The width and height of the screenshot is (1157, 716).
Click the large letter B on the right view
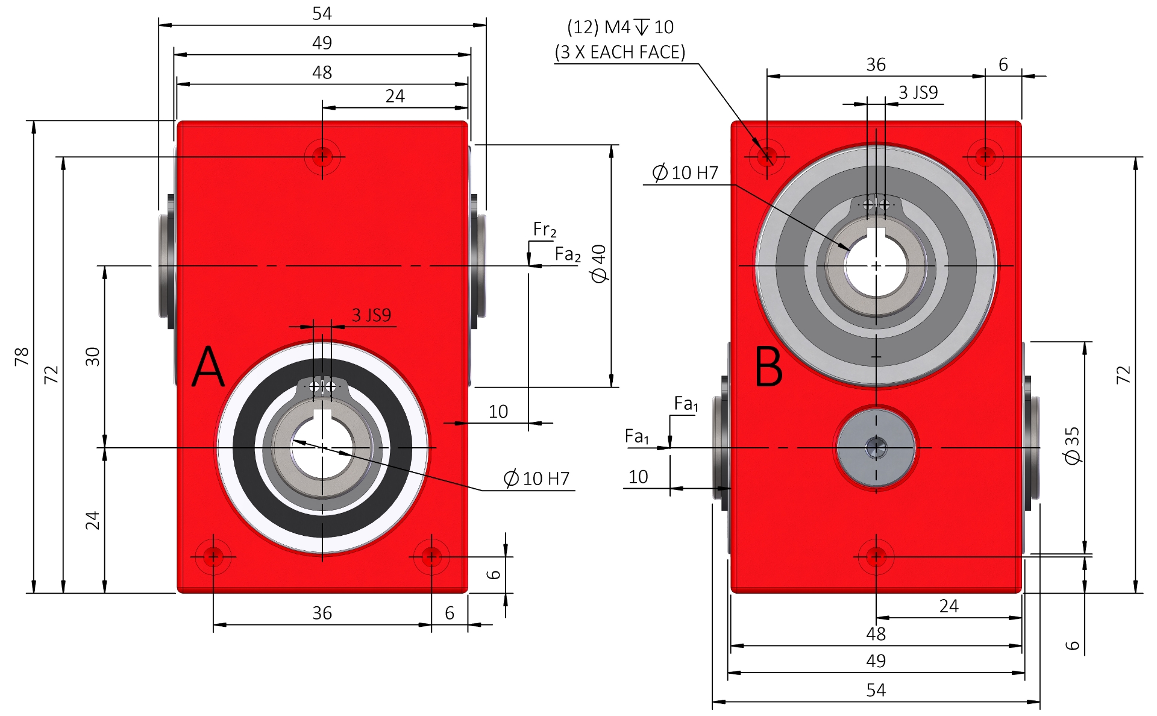(769, 366)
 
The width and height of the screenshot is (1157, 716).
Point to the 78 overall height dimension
(22, 356)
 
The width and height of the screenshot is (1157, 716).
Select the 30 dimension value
(92, 356)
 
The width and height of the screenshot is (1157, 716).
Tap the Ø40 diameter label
(599, 263)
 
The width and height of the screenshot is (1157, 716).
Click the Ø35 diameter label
(1072, 445)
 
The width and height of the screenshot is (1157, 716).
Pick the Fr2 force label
(545, 230)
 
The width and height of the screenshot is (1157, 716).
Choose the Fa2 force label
(568, 254)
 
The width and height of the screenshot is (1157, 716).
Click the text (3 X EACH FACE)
(620, 52)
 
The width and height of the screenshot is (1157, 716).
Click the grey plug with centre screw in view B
(876, 448)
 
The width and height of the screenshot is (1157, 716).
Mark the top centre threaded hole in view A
(322, 157)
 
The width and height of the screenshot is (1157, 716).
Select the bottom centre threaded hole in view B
(876, 556)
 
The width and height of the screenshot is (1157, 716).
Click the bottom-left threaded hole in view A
(213, 556)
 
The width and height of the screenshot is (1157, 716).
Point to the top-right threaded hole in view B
(985, 157)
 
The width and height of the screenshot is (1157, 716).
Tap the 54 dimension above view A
(322, 13)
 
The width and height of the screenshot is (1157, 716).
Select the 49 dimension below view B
(876, 661)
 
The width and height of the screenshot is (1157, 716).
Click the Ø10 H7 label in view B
(685, 173)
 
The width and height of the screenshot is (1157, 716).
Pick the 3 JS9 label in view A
(371, 315)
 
